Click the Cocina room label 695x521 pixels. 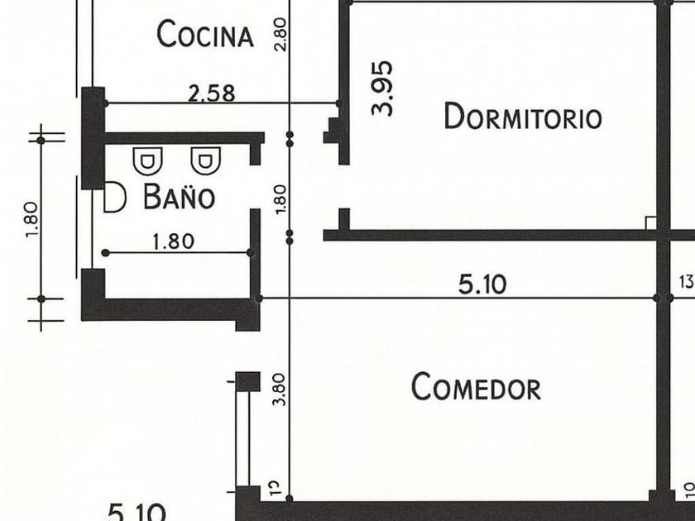(204, 35)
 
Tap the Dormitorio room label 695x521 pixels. (522, 117)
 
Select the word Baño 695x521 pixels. (179, 198)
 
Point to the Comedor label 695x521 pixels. (476, 387)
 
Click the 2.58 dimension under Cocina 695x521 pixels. (211, 93)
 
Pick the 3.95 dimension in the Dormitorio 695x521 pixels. (382, 87)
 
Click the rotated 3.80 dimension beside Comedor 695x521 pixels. (279, 390)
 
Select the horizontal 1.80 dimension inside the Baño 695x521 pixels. (174, 241)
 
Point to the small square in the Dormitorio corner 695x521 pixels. (650, 223)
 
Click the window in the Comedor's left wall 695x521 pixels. (242, 438)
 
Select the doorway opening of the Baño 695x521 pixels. (255, 187)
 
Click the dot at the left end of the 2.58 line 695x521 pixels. (104, 103)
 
